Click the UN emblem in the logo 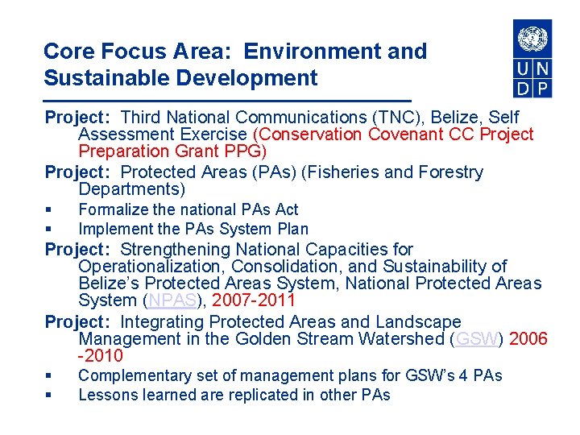point(532,39)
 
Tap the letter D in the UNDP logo point(523,87)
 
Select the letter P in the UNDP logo point(542,87)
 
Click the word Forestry point(445,172)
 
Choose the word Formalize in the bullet point(112,209)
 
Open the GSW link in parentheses point(476,339)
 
